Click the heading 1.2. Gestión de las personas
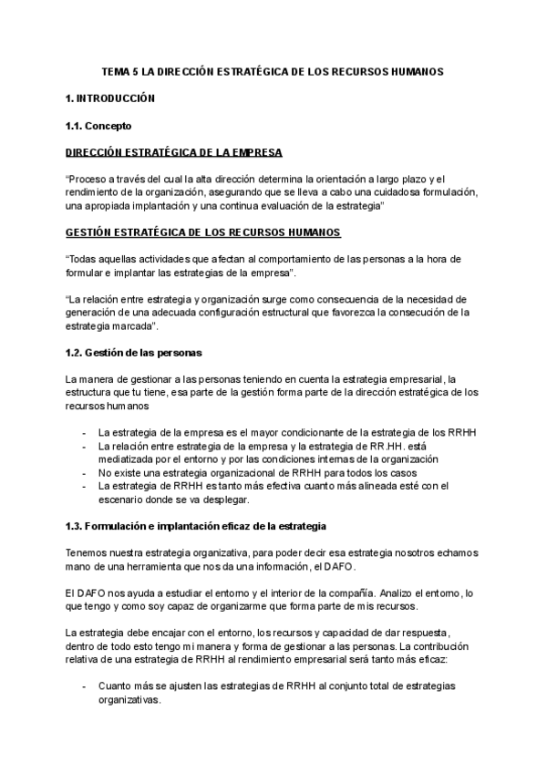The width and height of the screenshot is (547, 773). (x=134, y=353)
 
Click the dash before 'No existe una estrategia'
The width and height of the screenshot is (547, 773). (x=84, y=473)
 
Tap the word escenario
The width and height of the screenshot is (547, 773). (x=123, y=500)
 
